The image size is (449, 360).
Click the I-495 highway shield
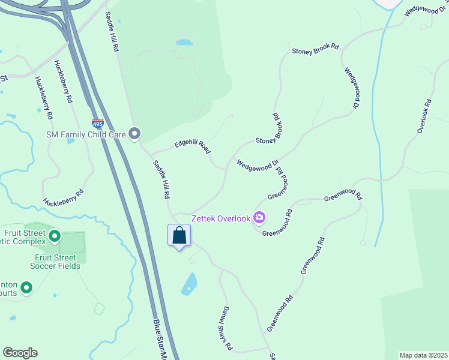point(98,124)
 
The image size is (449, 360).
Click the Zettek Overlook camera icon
point(259,217)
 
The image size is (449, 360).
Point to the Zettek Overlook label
point(220,218)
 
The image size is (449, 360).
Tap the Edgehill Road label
point(193,146)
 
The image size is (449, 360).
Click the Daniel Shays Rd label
point(224,328)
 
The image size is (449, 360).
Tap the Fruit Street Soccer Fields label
point(53,262)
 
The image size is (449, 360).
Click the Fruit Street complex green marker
point(55,236)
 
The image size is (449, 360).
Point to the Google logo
point(20,353)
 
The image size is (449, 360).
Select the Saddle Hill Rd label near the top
point(112,31)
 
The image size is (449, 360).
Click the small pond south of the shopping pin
point(189,283)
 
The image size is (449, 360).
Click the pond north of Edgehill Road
point(185,43)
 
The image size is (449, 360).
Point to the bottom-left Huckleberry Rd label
point(63,199)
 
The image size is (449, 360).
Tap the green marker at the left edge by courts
point(26,289)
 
